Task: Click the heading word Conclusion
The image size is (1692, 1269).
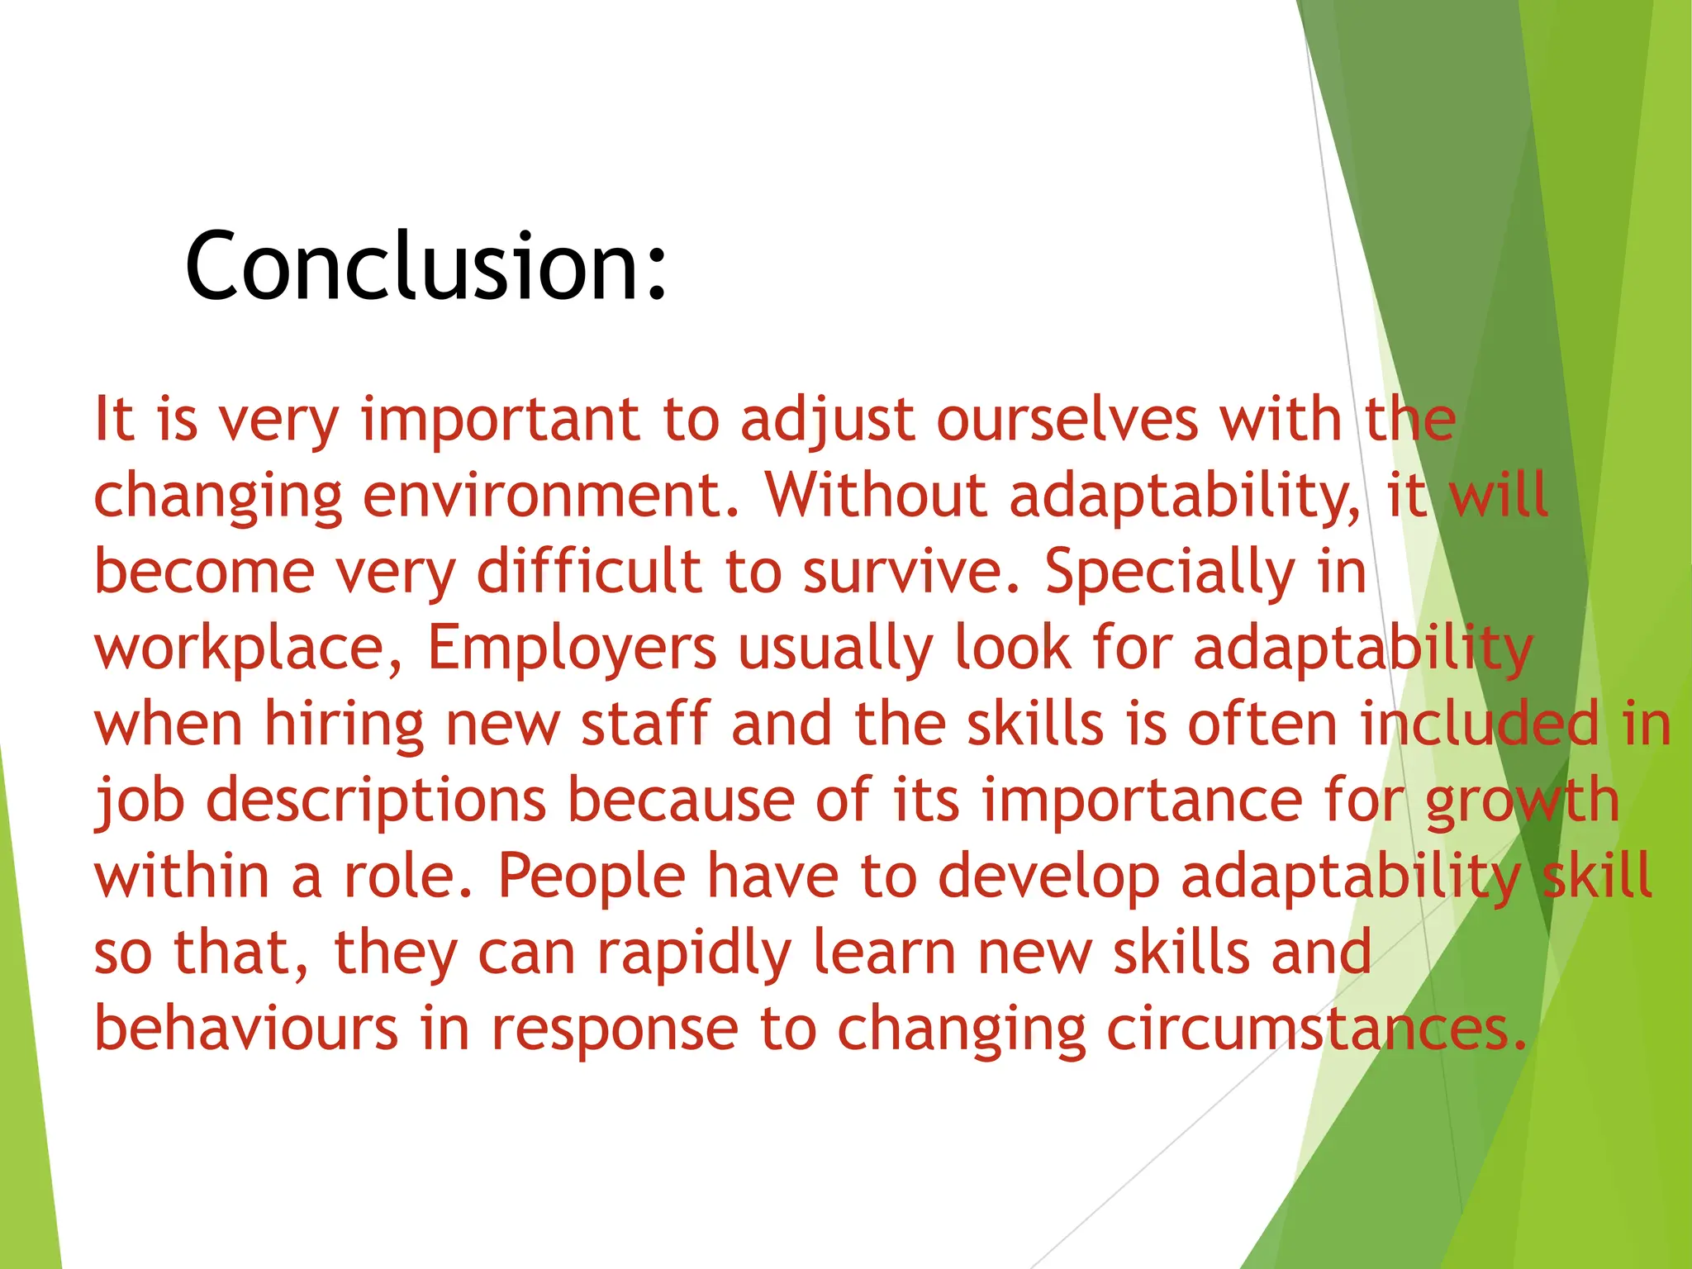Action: pyautogui.click(x=425, y=266)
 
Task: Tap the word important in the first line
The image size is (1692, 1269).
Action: pyautogui.click(x=501, y=420)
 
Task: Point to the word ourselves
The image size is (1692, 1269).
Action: pyautogui.click(x=1067, y=420)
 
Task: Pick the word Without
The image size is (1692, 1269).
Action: pyautogui.click(x=877, y=496)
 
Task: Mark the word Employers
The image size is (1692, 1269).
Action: pyautogui.click(x=573, y=648)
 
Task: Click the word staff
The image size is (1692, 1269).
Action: pyautogui.click(x=645, y=724)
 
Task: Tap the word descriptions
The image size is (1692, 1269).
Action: pyautogui.click(x=376, y=800)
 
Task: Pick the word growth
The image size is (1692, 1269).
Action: pyautogui.click(x=1523, y=800)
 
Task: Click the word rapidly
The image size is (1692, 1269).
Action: pyautogui.click(x=695, y=953)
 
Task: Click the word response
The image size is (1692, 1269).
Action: pyautogui.click(x=615, y=1029)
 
